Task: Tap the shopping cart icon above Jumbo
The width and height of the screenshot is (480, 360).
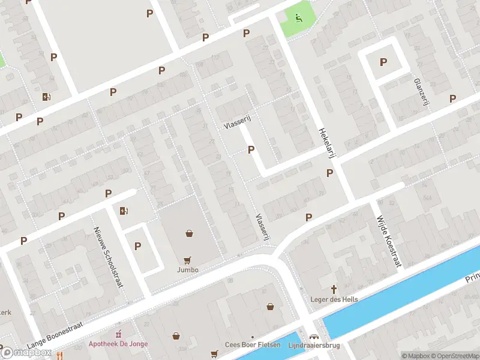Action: point(187,260)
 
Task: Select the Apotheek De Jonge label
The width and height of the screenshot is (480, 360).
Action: point(118,344)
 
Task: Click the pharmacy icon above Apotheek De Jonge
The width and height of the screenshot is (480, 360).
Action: point(118,334)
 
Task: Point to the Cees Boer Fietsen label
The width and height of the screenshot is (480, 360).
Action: point(253,344)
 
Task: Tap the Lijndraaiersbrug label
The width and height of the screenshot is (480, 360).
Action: point(314,344)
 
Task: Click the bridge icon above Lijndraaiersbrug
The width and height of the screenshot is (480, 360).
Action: point(314,335)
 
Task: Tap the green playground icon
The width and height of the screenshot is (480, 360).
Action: point(298,17)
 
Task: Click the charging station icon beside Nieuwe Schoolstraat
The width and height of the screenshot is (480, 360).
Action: point(124,211)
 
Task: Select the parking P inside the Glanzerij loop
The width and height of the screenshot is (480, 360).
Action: point(383,62)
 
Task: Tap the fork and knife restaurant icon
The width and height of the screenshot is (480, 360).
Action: point(59,355)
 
